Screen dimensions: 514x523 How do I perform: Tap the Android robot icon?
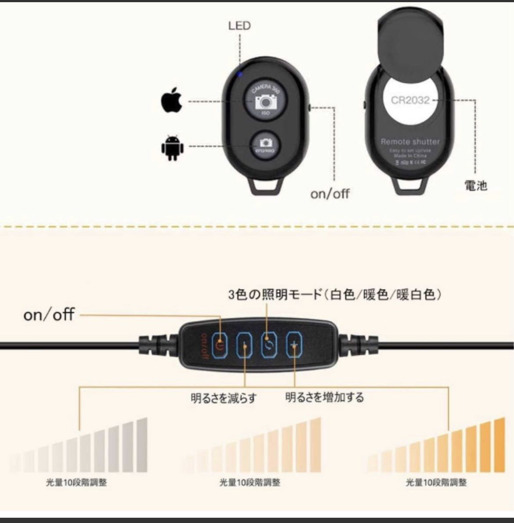coord(171,147)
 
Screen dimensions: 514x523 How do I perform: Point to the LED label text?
coord(239,26)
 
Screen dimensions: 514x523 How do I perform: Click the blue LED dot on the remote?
coord(240,75)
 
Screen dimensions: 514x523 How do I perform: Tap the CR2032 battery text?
coord(410,100)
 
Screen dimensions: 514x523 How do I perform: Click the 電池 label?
coord(476,186)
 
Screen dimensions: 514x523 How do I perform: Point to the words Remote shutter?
coord(410,142)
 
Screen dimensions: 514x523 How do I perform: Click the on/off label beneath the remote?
coord(330,193)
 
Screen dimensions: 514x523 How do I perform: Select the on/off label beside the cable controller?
coord(49,315)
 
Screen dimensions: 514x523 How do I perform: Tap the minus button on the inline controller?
coord(244,345)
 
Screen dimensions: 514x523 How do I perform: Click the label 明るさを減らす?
coord(223,398)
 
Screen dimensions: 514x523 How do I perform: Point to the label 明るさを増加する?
coord(325,398)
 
